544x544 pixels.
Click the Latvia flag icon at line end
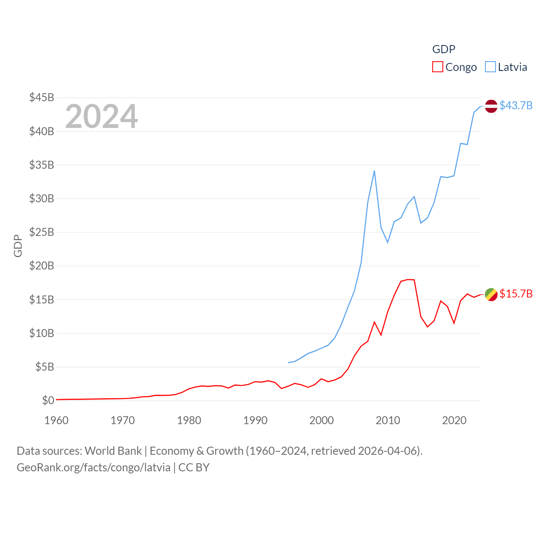tap(491, 106)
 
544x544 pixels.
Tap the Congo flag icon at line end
tap(491, 294)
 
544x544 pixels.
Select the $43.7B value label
tap(516, 105)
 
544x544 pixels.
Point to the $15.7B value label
tap(516, 294)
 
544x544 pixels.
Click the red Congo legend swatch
tap(437, 67)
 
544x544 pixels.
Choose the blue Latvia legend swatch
tap(490, 67)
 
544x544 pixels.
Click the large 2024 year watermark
tap(101, 116)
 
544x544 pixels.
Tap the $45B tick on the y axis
tap(42, 97)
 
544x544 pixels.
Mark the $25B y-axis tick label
tap(42, 232)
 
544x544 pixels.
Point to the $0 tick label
tap(48, 400)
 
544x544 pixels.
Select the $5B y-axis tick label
tap(45, 367)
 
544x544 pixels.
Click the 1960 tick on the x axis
tap(57, 420)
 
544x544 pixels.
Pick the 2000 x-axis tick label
tap(322, 420)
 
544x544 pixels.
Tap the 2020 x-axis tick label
tap(454, 420)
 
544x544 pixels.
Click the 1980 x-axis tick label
tap(189, 420)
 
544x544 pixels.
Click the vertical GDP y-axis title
tap(18, 246)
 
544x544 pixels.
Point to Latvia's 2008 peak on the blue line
tap(374, 171)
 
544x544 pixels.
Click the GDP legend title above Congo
tap(444, 49)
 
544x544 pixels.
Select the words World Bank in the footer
tap(113, 451)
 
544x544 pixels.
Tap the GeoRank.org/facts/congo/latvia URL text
tap(93, 467)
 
